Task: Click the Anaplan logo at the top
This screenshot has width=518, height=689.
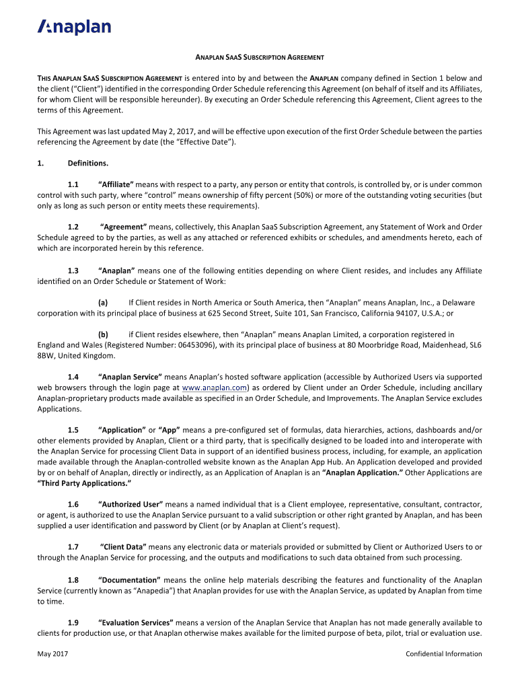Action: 74,27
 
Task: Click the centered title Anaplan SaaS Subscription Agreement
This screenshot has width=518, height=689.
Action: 259,58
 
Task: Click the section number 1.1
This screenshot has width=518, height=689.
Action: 73,184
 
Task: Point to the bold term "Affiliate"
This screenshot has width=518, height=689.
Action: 116,184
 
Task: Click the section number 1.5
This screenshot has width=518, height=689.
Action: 73,430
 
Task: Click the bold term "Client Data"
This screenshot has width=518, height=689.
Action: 122,547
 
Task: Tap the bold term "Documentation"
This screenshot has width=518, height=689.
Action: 129,580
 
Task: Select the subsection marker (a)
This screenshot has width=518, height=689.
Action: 104,302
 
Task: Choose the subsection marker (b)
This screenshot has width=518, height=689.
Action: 104,334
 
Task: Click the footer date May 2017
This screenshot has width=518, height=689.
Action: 52,654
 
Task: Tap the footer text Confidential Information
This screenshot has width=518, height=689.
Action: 444,654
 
